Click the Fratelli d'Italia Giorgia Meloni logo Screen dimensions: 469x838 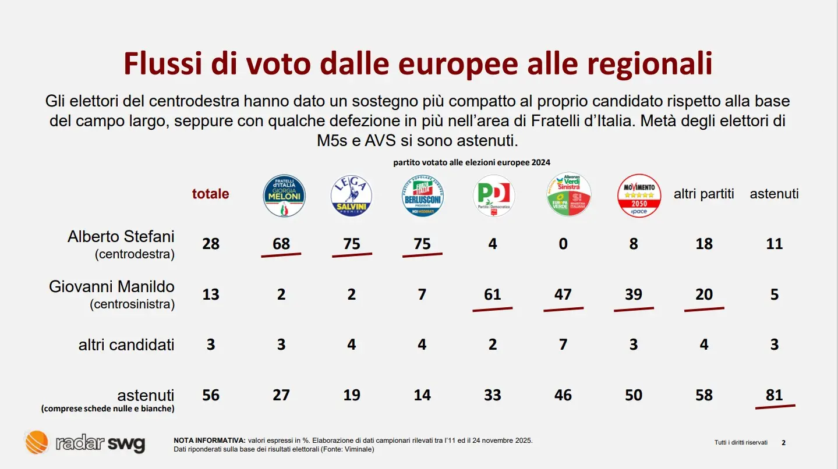coord(284,196)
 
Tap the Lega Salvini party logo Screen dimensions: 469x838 coord(351,196)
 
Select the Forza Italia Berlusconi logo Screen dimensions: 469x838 coord(422,196)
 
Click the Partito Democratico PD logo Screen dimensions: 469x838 coord(493,196)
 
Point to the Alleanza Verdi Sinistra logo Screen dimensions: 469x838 coord(569,195)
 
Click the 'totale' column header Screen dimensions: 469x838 coord(211,194)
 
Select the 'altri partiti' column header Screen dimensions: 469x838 coord(704,194)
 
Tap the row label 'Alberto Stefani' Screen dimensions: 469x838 coord(121,237)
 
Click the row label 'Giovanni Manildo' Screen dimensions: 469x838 coord(112,287)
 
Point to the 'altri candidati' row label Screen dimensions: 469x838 coord(126,344)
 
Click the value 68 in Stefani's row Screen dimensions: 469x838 coord(281,244)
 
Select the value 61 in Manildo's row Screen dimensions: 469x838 coord(493,294)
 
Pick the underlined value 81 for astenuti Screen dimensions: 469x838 coord(775,395)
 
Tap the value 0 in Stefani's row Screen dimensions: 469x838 coord(563,244)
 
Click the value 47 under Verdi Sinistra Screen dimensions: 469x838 coord(563,294)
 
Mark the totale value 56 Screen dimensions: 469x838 coord(211,395)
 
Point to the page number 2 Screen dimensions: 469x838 coord(783,443)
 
